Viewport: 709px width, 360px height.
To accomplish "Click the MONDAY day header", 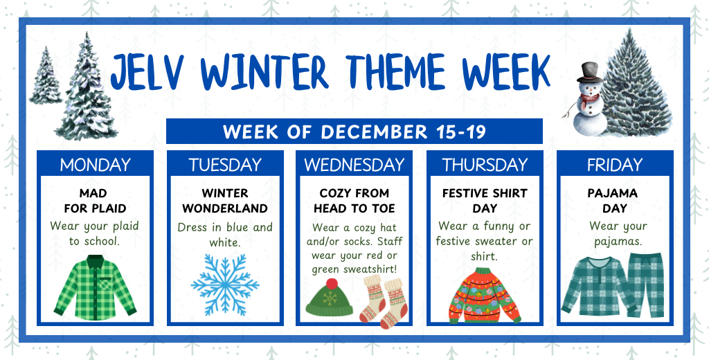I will tap(95, 165).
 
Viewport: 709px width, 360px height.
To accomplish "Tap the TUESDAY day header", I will tap(225, 165).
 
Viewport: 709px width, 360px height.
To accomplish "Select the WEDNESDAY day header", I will tap(354, 165).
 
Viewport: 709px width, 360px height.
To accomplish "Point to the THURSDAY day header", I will tap(484, 165).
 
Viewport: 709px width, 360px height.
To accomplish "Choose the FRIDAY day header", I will tap(614, 165).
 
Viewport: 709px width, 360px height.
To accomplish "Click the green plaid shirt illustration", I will tap(95, 287).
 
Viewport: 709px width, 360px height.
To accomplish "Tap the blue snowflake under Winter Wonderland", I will tap(225, 285).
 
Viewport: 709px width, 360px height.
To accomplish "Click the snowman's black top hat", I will tap(590, 71).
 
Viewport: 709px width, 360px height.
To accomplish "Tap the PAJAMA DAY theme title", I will tap(613, 200).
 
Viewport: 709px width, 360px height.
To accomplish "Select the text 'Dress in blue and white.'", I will tap(225, 235).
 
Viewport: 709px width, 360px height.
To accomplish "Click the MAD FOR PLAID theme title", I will tap(95, 200).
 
